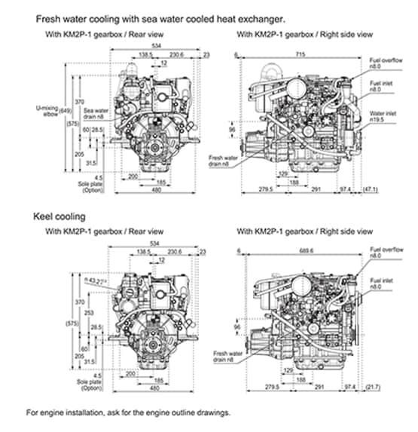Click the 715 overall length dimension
pyautogui.click(x=301, y=56)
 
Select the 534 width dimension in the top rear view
pyautogui.click(x=155, y=47)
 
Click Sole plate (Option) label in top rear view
pyautogui.click(x=90, y=185)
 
